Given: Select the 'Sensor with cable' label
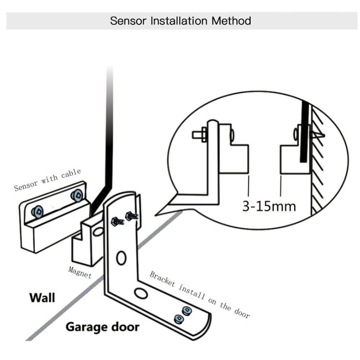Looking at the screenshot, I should coord(47,179).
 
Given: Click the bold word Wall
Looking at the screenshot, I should coord(42,297).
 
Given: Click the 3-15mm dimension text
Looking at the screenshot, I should coord(269,205).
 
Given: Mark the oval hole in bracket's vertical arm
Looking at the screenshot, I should coord(121,258).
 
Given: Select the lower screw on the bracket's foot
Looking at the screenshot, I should coord(179,319).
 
